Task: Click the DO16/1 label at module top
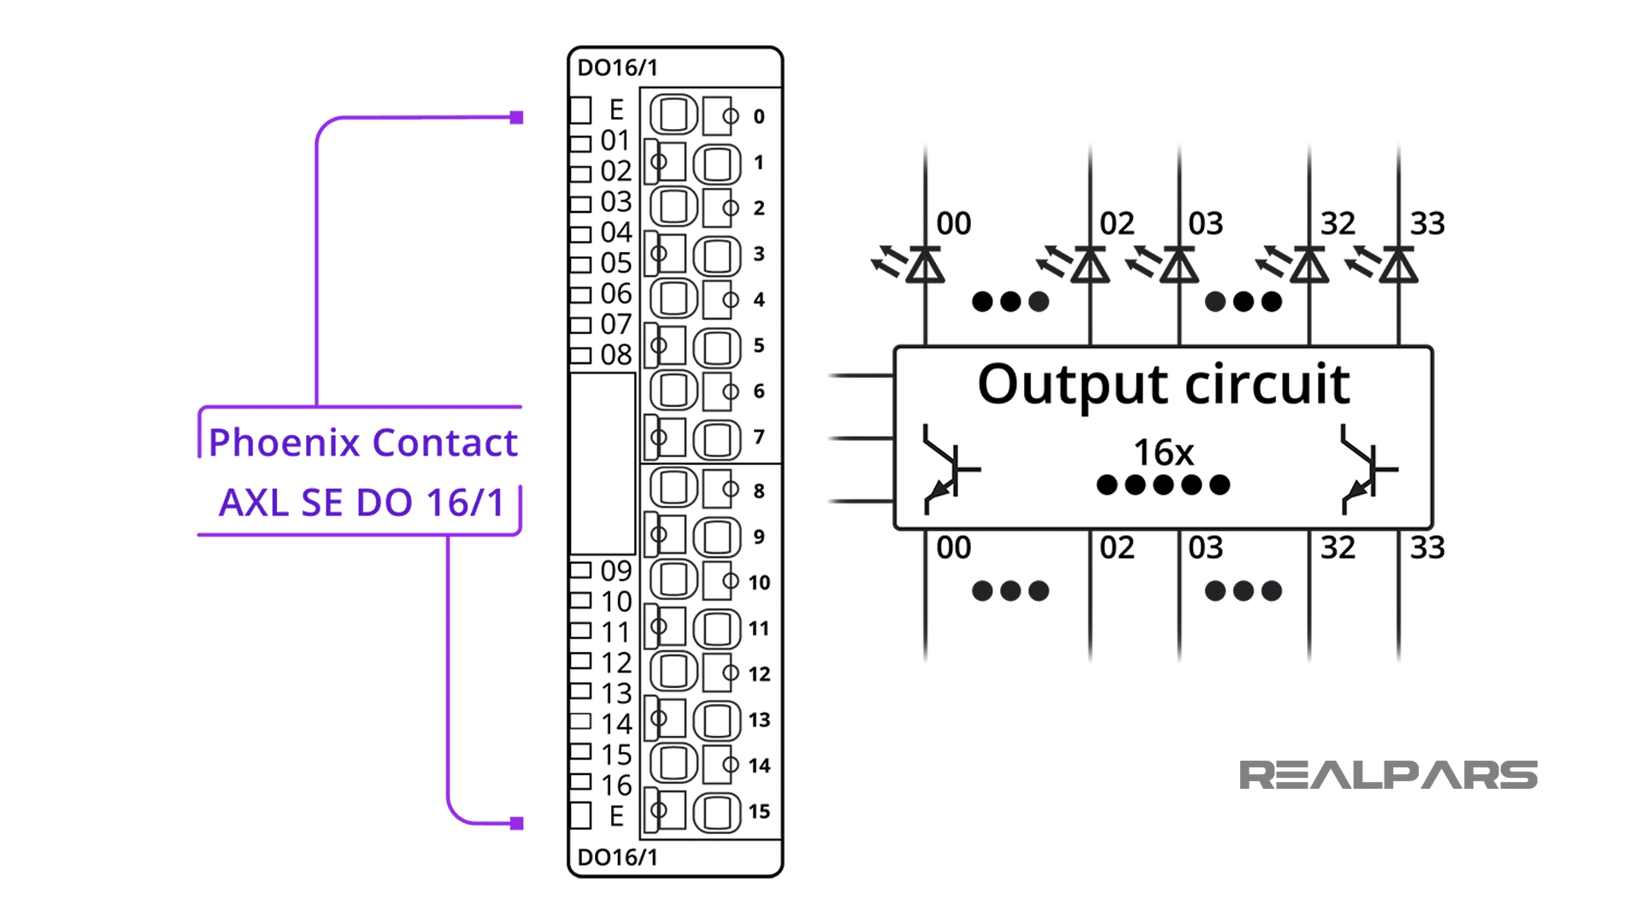pos(617,68)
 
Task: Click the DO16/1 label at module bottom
pos(617,857)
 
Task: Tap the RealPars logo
pos(1388,775)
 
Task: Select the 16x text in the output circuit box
pos(1163,452)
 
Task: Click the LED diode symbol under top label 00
pos(925,265)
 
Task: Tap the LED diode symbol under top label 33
pos(1398,265)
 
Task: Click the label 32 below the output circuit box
pos(1338,548)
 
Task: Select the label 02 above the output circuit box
pos(1116,224)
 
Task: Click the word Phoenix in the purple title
pos(284,443)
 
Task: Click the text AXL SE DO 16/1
pos(362,503)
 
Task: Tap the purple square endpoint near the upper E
pos(516,118)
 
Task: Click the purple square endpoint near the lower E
pos(516,823)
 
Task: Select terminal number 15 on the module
pos(759,811)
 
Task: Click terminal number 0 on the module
pos(759,116)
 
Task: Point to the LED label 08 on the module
pos(615,355)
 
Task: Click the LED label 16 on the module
pos(615,785)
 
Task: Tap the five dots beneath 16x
pos(1163,485)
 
